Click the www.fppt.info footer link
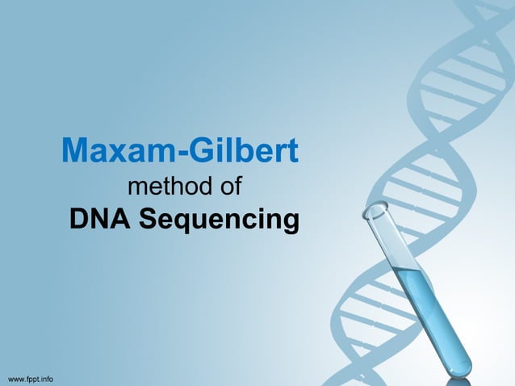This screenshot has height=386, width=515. pyautogui.click(x=31, y=378)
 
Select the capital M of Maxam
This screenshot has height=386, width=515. pyautogui.click(x=74, y=151)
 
